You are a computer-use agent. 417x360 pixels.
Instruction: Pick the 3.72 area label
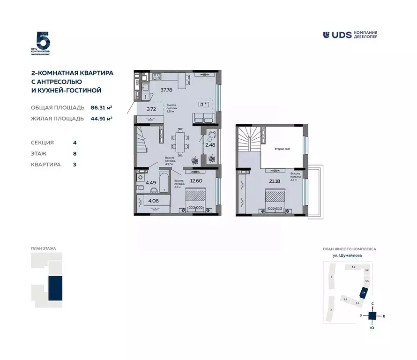click(151, 109)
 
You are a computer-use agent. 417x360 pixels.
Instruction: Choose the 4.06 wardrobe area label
click(154, 202)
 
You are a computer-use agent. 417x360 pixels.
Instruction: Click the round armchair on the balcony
click(211, 135)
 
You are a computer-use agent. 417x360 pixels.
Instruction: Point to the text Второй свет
click(282, 149)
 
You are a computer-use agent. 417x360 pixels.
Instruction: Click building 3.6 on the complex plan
click(345, 299)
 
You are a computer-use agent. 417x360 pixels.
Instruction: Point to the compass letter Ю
click(372, 328)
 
